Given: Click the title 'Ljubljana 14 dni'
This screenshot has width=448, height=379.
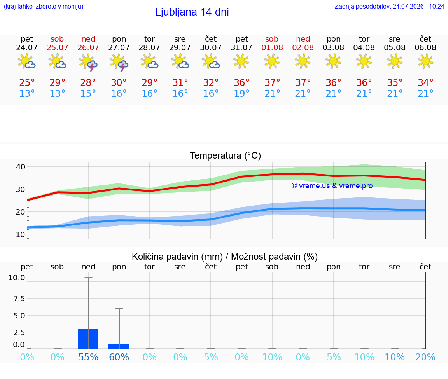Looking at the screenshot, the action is (192, 12).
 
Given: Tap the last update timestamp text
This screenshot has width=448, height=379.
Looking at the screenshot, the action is (389, 7).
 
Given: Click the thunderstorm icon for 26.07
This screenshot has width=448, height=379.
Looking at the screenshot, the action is (88, 62).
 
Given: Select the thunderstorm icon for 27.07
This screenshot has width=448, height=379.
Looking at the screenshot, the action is (119, 62).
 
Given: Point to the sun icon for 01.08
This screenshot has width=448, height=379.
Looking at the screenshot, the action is (272, 61).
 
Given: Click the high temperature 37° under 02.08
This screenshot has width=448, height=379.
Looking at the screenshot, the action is (303, 83).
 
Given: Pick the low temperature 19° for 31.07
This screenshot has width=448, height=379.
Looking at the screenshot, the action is (242, 93).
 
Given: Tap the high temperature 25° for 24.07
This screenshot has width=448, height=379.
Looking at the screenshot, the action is (27, 83).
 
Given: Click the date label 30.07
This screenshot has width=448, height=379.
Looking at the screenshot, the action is (211, 47).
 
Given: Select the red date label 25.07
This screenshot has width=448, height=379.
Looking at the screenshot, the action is (58, 47).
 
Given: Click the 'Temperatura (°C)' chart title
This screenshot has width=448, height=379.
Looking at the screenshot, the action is (226, 155).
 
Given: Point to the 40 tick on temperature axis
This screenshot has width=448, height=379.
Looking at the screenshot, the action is (21, 167).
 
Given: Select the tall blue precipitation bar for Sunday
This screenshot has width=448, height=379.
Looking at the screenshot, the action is (88, 339).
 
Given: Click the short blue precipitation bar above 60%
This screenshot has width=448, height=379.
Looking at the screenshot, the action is (119, 346).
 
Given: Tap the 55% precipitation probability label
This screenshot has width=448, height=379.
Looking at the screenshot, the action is (88, 357).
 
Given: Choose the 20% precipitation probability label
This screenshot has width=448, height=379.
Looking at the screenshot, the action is (425, 357).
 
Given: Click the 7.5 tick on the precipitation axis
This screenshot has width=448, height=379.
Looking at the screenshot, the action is (19, 299).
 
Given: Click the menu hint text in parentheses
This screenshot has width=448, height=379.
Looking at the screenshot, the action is (44, 7).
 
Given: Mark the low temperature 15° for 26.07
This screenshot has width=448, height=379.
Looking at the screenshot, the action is (88, 93).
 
